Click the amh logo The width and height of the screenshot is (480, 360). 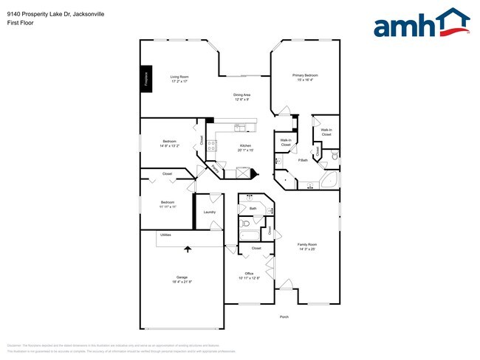pos(422,24)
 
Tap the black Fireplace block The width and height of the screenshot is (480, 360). pos(145,77)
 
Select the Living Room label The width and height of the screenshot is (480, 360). pos(179,77)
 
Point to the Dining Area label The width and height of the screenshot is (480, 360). pos(242,95)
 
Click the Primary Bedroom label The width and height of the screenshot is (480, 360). pos(305,75)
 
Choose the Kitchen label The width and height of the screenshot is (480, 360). pos(245,146)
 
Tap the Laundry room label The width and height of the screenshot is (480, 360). pos(210,212)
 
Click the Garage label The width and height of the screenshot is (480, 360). pos(182,277)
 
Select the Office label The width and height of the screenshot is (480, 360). pos(249,273)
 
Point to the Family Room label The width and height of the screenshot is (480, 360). pos(306,244)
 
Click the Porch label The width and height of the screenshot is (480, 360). pos(284,317)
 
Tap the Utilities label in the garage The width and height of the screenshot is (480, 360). pos(165,235)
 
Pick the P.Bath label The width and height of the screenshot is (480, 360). pos(303,161)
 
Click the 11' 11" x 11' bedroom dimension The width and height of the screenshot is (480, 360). pos(168,207)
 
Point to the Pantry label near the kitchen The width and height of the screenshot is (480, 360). pos(215,169)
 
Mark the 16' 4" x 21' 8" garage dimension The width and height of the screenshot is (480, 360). pos(182,282)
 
